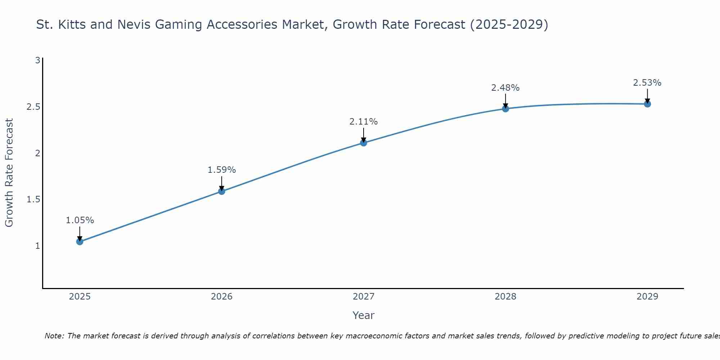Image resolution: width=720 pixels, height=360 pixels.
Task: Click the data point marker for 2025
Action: click(80, 242)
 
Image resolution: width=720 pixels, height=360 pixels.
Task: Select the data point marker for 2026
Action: click(222, 191)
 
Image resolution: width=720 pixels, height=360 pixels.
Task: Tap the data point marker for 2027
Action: click(364, 143)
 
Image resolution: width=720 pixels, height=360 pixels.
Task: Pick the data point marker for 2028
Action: click(505, 109)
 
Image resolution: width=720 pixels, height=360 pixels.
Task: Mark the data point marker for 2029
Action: click(647, 104)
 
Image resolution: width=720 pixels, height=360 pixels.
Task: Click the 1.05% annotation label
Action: click(80, 220)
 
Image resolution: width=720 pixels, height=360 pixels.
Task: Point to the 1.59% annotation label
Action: click(222, 170)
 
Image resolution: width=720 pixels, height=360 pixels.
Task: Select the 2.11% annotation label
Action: click(364, 122)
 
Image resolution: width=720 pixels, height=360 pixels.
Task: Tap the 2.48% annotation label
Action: click(505, 88)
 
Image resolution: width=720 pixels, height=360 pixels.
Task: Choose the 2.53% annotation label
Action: click(647, 83)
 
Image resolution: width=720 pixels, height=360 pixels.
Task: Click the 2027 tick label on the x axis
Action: click(364, 297)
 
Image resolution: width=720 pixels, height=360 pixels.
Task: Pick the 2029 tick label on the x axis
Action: click(647, 297)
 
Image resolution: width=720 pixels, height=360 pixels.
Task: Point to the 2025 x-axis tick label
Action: click(80, 297)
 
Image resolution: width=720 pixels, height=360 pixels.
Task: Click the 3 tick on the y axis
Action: click(37, 60)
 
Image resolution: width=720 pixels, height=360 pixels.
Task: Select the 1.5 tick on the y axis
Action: click(33, 199)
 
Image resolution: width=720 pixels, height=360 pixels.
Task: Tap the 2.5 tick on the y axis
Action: click(33, 107)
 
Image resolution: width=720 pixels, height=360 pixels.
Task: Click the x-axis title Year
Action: click(364, 315)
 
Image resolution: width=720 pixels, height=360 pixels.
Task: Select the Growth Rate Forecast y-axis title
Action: click(9, 173)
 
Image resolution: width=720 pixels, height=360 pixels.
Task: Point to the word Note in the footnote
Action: click(54, 336)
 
